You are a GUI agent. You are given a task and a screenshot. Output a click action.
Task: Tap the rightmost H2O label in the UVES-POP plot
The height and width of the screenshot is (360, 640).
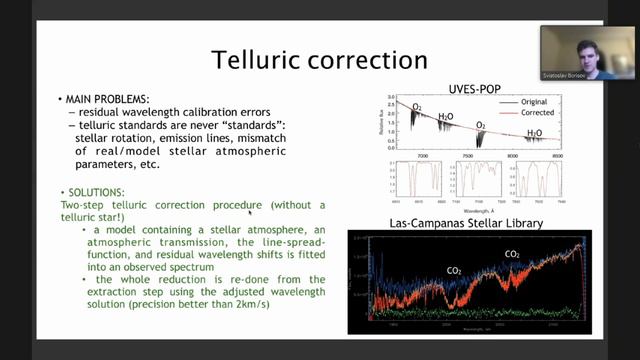pos(535,132)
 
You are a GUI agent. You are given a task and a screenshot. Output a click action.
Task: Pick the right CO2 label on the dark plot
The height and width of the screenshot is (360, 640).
pos(511,254)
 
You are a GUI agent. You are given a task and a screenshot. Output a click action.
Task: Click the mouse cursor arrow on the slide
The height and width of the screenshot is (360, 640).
pos(250,211)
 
